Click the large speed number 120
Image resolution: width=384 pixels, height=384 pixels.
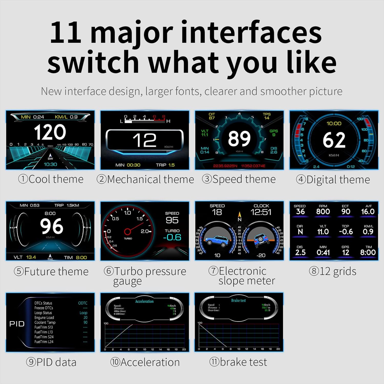[50, 132]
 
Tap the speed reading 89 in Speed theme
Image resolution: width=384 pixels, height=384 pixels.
[239, 139]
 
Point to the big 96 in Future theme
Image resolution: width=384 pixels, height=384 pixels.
[51, 226]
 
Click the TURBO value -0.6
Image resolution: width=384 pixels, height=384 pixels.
[172, 238]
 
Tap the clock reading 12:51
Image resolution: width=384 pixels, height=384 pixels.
[261, 212]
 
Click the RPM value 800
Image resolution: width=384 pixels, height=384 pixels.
[323, 212]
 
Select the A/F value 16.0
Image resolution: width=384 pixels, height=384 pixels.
[368, 212]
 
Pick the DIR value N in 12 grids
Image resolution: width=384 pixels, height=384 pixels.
[300, 232]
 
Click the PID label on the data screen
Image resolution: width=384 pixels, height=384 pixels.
[17, 324]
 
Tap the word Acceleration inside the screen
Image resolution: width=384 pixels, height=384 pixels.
[144, 302]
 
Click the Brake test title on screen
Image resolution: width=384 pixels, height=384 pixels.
[238, 301]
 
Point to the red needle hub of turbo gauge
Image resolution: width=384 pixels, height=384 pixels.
[127, 232]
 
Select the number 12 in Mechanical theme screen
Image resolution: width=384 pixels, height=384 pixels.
[145, 140]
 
